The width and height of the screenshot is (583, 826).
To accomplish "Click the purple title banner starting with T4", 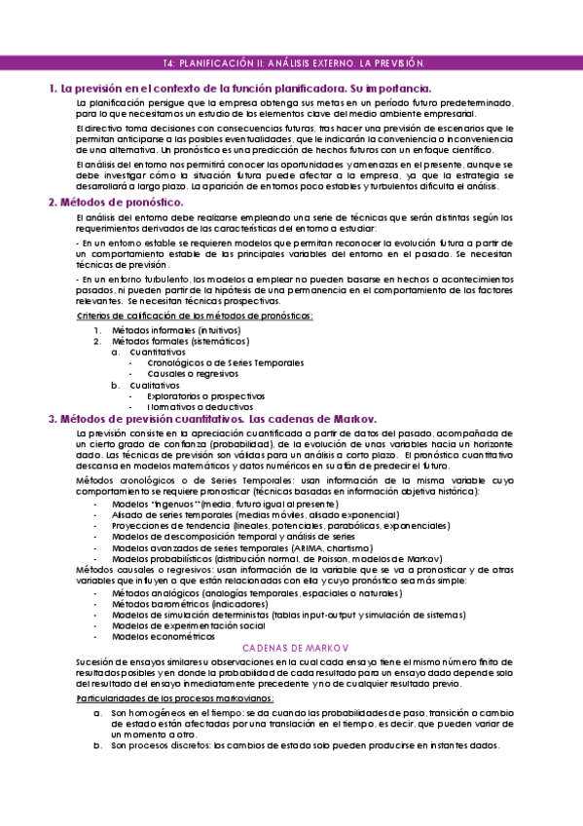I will [x=291, y=62].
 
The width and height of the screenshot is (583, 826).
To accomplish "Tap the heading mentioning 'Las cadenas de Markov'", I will [x=218, y=418].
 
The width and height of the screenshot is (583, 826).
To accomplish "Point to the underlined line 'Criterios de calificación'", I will [x=195, y=316].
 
